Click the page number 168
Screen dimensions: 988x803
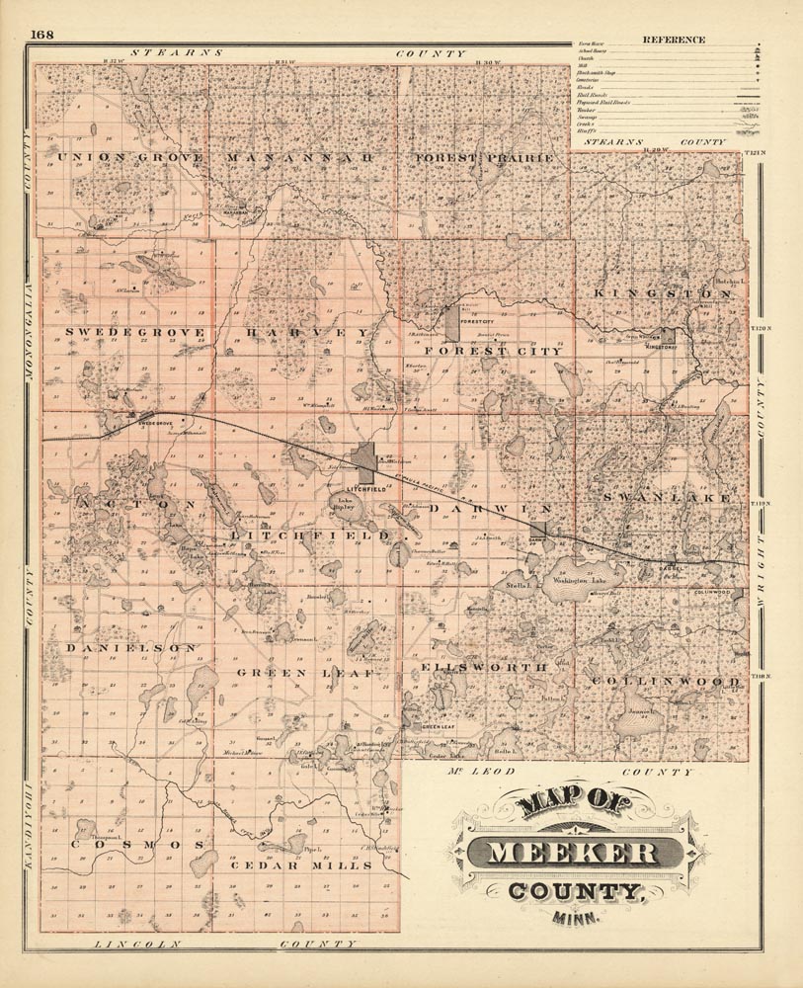tap(41, 36)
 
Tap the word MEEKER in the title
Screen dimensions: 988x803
tap(576, 852)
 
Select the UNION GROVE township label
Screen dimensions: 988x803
tap(130, 157)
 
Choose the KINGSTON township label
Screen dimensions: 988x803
tap(661, 294)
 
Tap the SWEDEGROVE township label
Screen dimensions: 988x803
tap(135, 331)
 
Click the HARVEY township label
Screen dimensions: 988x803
tap(308, 331)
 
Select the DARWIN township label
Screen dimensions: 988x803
tap(488, 507)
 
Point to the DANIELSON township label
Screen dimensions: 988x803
tap(131, 647)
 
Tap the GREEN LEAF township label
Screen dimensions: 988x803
tap(305, 673)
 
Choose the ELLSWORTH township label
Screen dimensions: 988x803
tap(484, 668)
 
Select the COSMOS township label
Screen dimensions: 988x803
tap(137, 847)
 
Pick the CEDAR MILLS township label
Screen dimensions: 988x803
tap(301, 865)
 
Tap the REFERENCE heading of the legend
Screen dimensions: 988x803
tap(674, 40)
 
